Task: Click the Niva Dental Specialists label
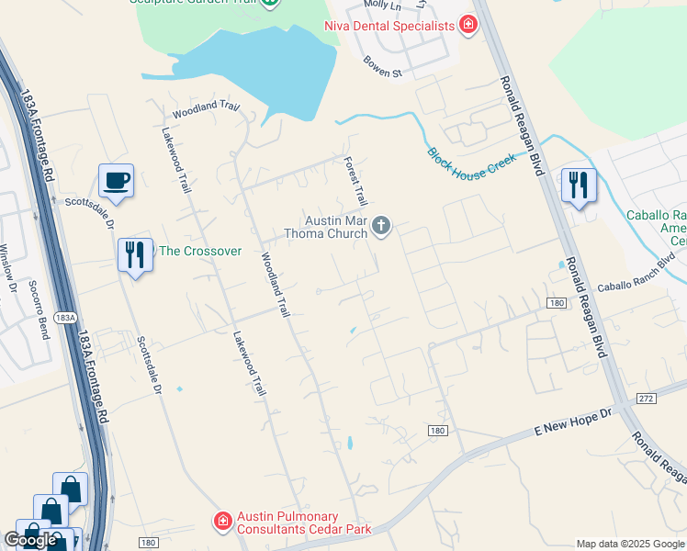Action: tap(389, 26)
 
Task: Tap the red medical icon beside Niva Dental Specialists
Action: tap(467, 25)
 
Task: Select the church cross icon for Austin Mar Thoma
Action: tap(381, 226)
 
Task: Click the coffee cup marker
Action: tap(117, 181)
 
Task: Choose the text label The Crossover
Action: tap(200, 251)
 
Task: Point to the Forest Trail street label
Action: tap(355, 180)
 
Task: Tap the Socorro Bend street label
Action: tap(38, 309)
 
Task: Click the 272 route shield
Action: tap(644, 399)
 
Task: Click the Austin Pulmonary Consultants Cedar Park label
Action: tap(287, 523)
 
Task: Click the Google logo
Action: tap(30, 540)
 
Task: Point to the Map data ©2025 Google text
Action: tap(629, 543)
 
